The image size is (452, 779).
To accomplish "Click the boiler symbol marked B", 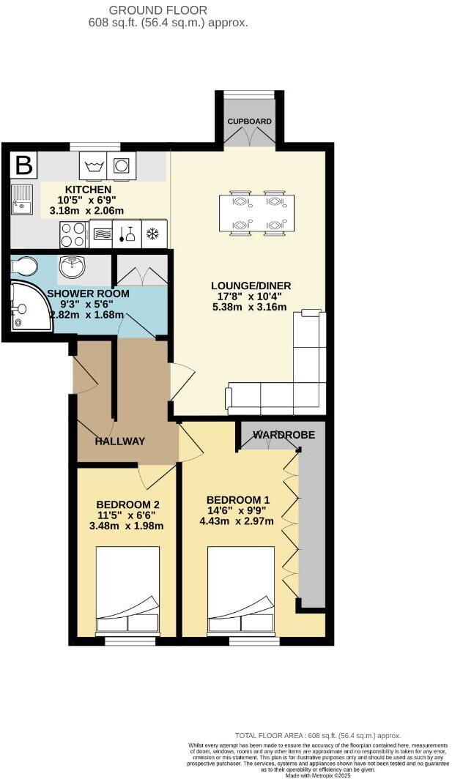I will pyautogui.click(x=24, y=165).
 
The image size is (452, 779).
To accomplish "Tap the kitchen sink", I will pyautogui.click(x=21, y=198).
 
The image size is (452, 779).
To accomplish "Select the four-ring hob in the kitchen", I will pyautogui.click(x=73, y=234).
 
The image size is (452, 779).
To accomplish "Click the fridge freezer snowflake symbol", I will pyautogui.click(x=153, y=234).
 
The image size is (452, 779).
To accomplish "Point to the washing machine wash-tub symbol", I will pyautogui.click(x=93, y=166).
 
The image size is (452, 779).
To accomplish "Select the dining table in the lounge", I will pyautogui.click(x=256, y=213).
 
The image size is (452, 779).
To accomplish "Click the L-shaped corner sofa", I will pyautogui.click(x=300, y=381).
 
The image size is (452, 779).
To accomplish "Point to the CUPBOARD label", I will pyautogui.click(x=250, y=122).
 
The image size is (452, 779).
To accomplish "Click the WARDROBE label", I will pyautogui.click(x=284, y=435).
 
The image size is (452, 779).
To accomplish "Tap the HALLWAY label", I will pyautogui.click(x=120, y=441).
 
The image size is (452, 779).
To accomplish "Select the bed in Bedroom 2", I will pyautogui.click(x=127, y=590).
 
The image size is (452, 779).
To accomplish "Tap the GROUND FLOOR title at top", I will pyautogui.click(x=158, y=10).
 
